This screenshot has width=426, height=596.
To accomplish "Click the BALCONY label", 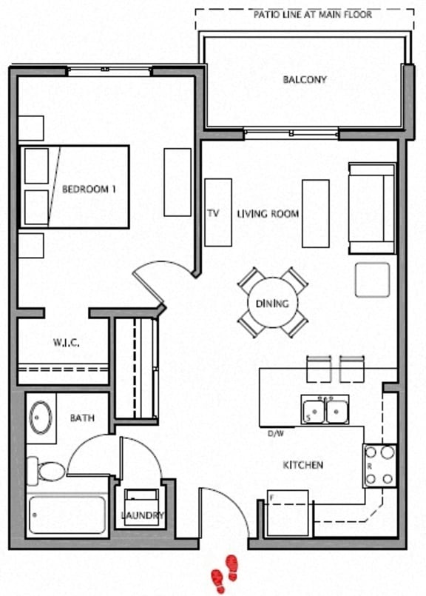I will coord(304,79).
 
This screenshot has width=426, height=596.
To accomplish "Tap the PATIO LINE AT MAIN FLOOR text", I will coord(312,14).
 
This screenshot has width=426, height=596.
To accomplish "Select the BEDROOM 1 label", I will coord(89,190).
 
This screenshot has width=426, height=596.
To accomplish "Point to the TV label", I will coord(213,214).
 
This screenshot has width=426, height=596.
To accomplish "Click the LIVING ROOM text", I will coord(268,214).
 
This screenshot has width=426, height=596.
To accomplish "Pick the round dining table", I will coord(272,303).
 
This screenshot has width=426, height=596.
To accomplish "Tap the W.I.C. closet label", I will coord(66,343).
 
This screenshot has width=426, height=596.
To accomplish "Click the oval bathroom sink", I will coord(41,418).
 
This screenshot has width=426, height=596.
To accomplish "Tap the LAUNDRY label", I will coord(143,515).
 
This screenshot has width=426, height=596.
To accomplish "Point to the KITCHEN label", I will coord(303,465).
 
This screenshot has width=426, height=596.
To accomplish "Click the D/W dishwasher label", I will coord(277,434).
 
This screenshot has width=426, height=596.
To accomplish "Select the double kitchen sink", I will coord(325,409).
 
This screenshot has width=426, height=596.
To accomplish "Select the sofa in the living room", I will coord(371,208).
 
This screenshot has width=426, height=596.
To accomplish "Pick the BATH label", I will coord(82,418).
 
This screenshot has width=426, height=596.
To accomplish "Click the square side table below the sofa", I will coord(371,280).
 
